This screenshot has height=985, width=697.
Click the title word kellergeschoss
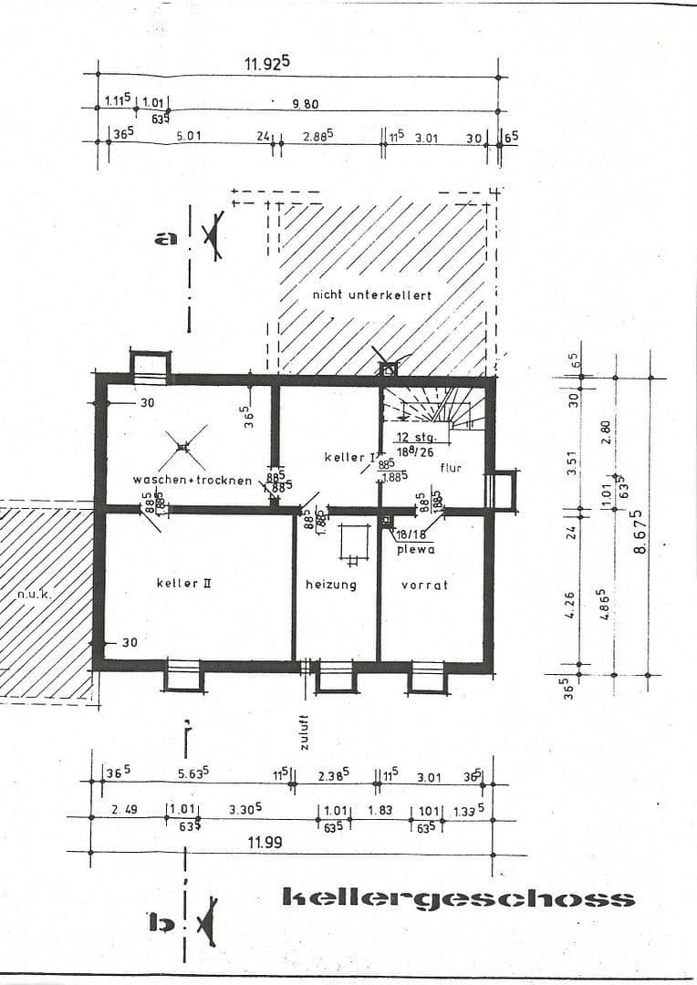tap(459, 898)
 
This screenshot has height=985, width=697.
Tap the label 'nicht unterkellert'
tap(371, 295)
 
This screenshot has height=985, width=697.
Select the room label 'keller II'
tap(183, 582)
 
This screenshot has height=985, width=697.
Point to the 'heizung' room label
tap(330, 585)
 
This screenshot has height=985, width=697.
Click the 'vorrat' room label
tap(424, 585)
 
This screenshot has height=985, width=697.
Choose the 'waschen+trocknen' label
tap(192, 480)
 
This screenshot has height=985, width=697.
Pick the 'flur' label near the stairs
tap(451, 468)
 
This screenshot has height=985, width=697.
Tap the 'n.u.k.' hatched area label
tap(35, 595)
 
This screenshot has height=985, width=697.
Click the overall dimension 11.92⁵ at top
tap(266, 63)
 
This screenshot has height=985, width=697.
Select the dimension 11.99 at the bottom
tap(265, 843)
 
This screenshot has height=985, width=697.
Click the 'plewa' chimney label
tap(415, 549)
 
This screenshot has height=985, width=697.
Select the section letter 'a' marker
tap(165, 239)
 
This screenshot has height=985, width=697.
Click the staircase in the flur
tap(434, 407)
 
